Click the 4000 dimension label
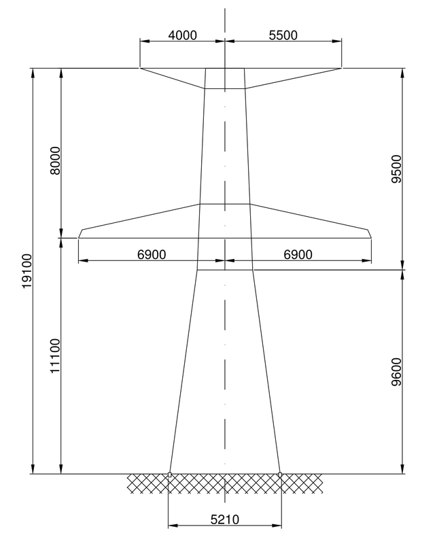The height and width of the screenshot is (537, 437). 183,35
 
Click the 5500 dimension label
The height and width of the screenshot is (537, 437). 283,35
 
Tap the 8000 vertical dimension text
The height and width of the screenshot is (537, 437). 55,160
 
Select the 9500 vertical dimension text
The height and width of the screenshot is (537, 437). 396,169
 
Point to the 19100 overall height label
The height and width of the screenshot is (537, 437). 27,271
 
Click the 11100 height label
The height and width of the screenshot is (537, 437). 55,356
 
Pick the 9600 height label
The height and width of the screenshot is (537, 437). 396,372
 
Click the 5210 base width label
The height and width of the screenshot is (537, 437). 225,520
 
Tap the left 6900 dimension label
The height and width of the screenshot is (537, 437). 152,254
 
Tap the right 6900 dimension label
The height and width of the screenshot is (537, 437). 298,254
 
